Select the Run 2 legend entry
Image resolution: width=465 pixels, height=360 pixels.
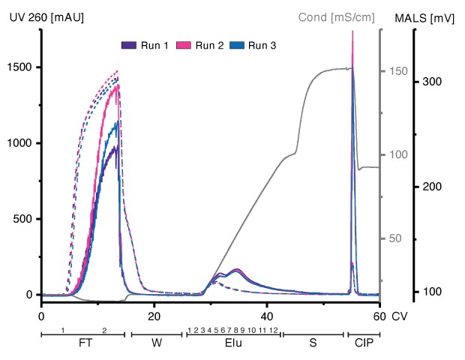(x=199, y=46)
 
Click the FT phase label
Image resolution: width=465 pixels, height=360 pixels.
(x=82, y=344)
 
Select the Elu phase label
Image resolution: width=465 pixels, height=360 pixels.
(x=232, y=344)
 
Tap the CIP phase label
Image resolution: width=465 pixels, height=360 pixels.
(x=364, y=344)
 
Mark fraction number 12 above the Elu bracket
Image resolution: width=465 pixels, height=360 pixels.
(x=274, y=330)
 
